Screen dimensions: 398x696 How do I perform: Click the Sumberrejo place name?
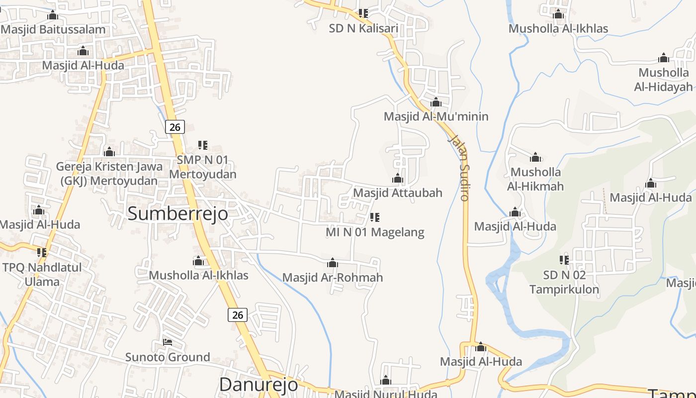[178, 213]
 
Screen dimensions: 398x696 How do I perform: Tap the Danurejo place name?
[259, 384]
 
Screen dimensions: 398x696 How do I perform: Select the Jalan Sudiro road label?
[459, 167]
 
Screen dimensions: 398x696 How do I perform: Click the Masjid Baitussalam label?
[53, 29]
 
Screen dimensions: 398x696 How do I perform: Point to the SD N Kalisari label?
[363, 28]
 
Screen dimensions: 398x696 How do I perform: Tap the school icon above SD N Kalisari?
[363, 13]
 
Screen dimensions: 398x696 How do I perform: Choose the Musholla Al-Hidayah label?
[663, 80]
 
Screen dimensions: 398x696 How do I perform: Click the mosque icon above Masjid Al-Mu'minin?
[436, 102]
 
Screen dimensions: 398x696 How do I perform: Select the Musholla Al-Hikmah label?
[535, 179]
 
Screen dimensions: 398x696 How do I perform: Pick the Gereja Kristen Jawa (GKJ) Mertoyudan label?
[109, 174]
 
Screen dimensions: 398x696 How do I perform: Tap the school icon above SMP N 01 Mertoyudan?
[203, 145]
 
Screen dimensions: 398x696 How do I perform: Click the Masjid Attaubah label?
[398, 193]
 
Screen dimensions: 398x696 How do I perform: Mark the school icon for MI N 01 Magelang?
[375, 217]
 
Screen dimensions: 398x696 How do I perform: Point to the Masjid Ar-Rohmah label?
[333, 277]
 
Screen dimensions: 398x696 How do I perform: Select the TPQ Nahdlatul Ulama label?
[42, 274]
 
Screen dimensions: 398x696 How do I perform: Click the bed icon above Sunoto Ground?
[168, 342]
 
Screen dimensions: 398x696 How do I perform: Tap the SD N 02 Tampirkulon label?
[564, 282]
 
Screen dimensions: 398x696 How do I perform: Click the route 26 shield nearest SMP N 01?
[175, 127]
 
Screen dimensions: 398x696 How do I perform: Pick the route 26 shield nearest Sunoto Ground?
[238, 314]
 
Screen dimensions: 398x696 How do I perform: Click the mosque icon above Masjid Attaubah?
[398, 178]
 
